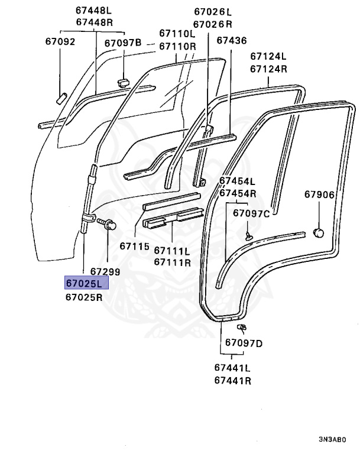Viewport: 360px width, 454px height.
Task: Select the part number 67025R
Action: click(x=84, y=297)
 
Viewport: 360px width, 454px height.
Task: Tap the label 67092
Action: click(x=60, y=41)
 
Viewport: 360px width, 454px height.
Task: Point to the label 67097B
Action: click(x=123, y=43)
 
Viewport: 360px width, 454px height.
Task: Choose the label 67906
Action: click(x=319, y=194)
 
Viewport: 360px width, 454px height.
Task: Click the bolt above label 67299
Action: click(x=108, y=225)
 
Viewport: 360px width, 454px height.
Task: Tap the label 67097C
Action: click(x=251, y=213)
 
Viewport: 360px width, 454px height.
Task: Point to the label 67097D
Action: click(x=244, y=343)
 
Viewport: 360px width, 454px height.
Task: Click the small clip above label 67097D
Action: click(x=241, y=327)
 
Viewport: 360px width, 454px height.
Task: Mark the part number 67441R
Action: click(x=233, y=381)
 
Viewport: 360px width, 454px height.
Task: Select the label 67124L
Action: click(x=268, y=56)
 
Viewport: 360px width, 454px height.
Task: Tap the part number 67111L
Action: click(x=171, y=250)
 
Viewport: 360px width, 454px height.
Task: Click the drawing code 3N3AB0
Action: click(x=332, y=440)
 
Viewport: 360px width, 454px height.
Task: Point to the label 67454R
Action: click(x=237, y=193)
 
